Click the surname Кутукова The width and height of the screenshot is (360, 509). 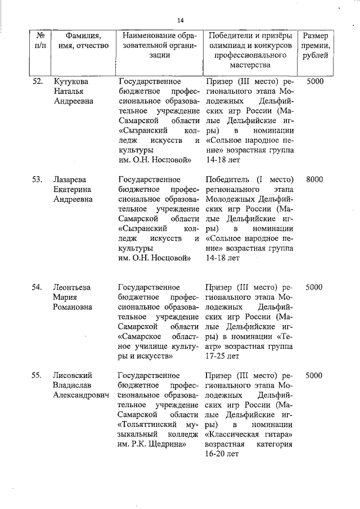coord(70,81)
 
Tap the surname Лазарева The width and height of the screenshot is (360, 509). coord(69,179)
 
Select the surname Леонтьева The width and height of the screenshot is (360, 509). coord(71,287)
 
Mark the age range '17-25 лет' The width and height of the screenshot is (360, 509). coord(223,356)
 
